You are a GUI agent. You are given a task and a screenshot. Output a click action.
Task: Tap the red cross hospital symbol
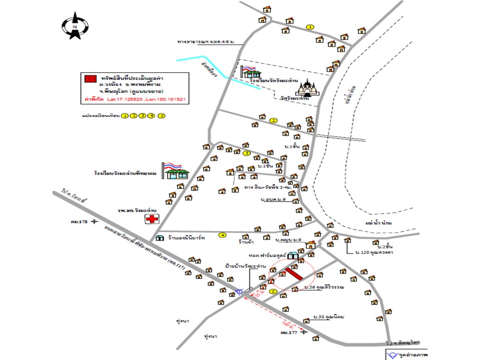pos(152,219)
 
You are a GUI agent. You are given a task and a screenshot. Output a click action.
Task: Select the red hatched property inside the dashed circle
pos(293,274)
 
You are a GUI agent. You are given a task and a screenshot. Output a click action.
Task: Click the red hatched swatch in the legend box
pos(90,79)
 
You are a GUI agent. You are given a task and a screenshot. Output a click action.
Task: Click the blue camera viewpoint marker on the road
pos(239,291)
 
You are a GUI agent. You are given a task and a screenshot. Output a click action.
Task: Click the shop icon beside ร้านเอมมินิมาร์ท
pos(160,238)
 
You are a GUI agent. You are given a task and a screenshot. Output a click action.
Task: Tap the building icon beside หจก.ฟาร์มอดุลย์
pos(292,256)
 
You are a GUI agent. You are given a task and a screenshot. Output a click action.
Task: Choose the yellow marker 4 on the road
pos(222,234)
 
